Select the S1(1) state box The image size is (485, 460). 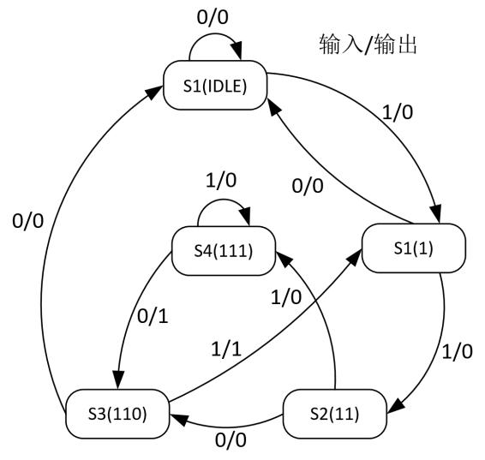tap(412, 248)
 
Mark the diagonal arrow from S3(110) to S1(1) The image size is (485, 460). tap(266, 338)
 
